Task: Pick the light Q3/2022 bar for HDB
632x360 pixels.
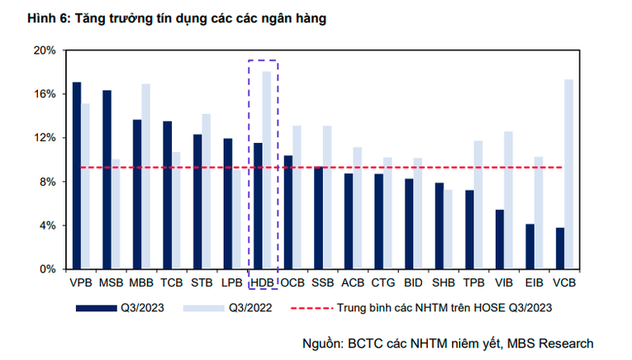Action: coord(267,170)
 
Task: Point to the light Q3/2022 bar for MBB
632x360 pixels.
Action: coord(146,177)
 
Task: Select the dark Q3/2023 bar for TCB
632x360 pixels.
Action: coord(167,195)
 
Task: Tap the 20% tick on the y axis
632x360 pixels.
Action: coord(45,50)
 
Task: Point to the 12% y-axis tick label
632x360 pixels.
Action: coord(45,138)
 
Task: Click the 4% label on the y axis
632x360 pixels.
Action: coord(47,225)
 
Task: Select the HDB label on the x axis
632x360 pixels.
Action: coord(262,283)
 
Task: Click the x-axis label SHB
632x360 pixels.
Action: coord(444,283)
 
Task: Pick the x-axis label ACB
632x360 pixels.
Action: coord(353,283)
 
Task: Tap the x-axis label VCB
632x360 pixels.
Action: coord(564,283)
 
